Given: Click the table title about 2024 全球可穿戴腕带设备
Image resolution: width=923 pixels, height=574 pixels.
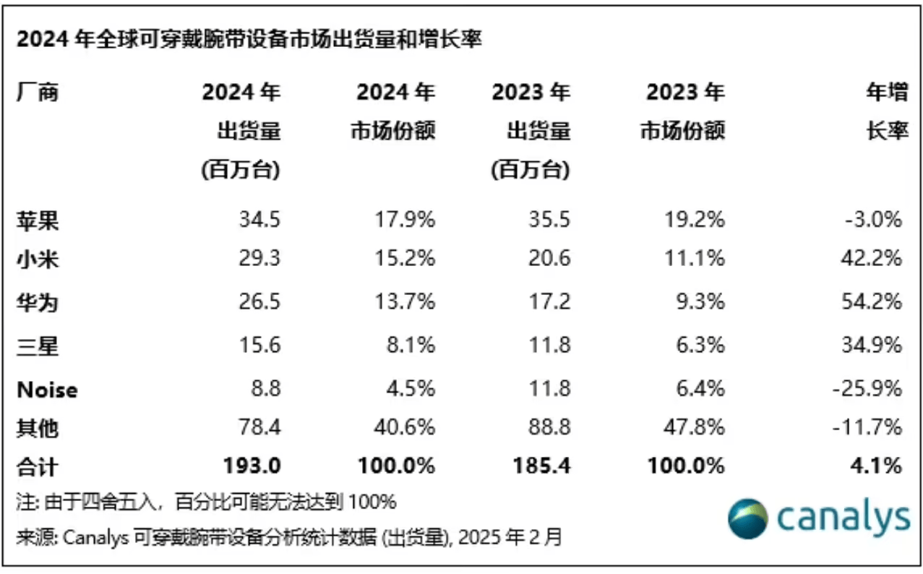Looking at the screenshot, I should (249, 39).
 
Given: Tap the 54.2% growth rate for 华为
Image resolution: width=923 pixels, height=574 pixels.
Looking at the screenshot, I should (875, 302).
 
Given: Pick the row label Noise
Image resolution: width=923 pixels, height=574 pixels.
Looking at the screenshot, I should (47, 390).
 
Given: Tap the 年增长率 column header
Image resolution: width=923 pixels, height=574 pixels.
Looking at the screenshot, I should (887, 111).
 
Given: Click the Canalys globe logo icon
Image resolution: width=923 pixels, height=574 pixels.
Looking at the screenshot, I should (747, 518).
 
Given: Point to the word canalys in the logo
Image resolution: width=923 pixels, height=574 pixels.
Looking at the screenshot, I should (843, 518).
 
